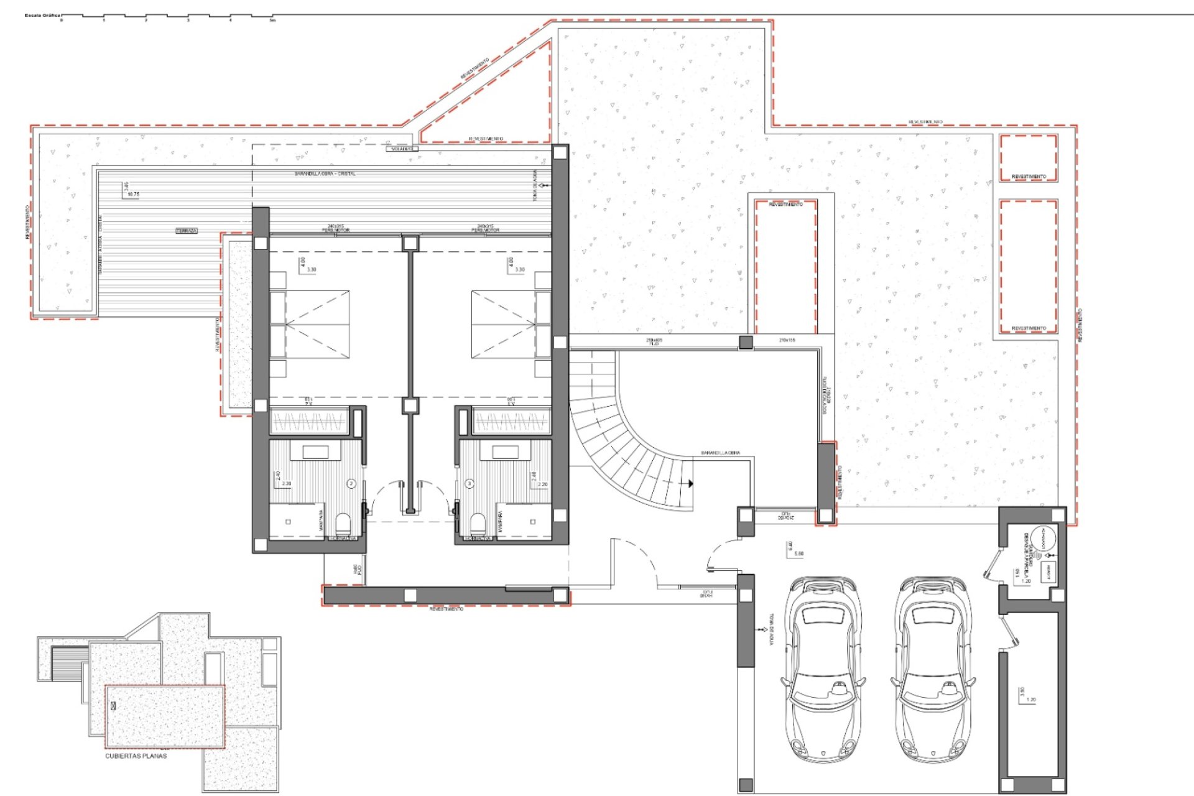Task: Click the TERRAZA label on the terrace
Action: (187, 231)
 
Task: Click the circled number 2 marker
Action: (351, 483)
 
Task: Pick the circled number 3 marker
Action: (470, 483)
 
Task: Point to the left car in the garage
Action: (823, 672)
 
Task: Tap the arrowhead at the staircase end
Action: (690, 483)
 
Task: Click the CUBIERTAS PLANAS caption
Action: (136, 756)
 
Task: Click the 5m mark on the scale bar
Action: (272, 21)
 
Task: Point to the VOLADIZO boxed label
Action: (402, 149)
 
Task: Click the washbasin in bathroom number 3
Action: (505, 452)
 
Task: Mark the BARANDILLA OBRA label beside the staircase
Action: (720, 453)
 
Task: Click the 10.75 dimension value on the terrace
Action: (133, 195)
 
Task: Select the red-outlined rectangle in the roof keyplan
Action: (165, 716)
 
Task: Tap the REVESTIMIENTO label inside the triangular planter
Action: (486, 139)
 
